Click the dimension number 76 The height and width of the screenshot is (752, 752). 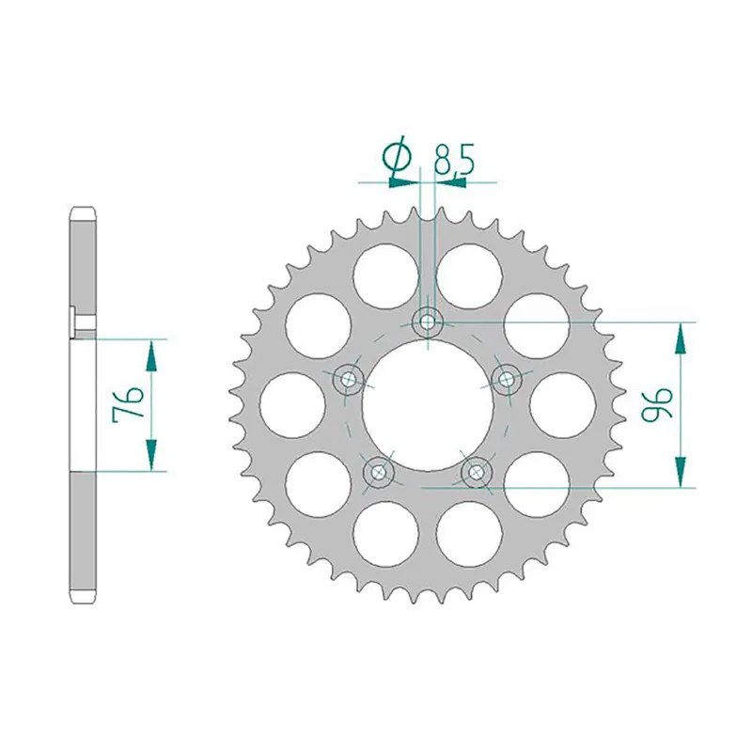point(129,405)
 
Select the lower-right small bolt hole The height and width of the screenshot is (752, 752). point(478,471)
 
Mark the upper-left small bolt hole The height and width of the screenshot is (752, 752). point(350,380)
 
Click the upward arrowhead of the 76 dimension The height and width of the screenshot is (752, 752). point(149,350)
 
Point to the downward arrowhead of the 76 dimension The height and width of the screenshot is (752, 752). point(149,460)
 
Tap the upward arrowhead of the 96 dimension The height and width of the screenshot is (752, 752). point(680,335)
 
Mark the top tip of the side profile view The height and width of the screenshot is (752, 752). point(83,209)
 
